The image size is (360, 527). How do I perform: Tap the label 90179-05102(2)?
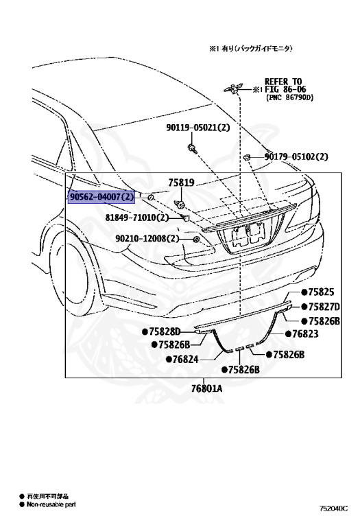coord(297,156)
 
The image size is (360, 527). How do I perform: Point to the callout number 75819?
coord(182,184)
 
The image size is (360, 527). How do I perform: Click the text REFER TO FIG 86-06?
coord(283,85)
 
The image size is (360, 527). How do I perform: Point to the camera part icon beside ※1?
coord(235,87)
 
